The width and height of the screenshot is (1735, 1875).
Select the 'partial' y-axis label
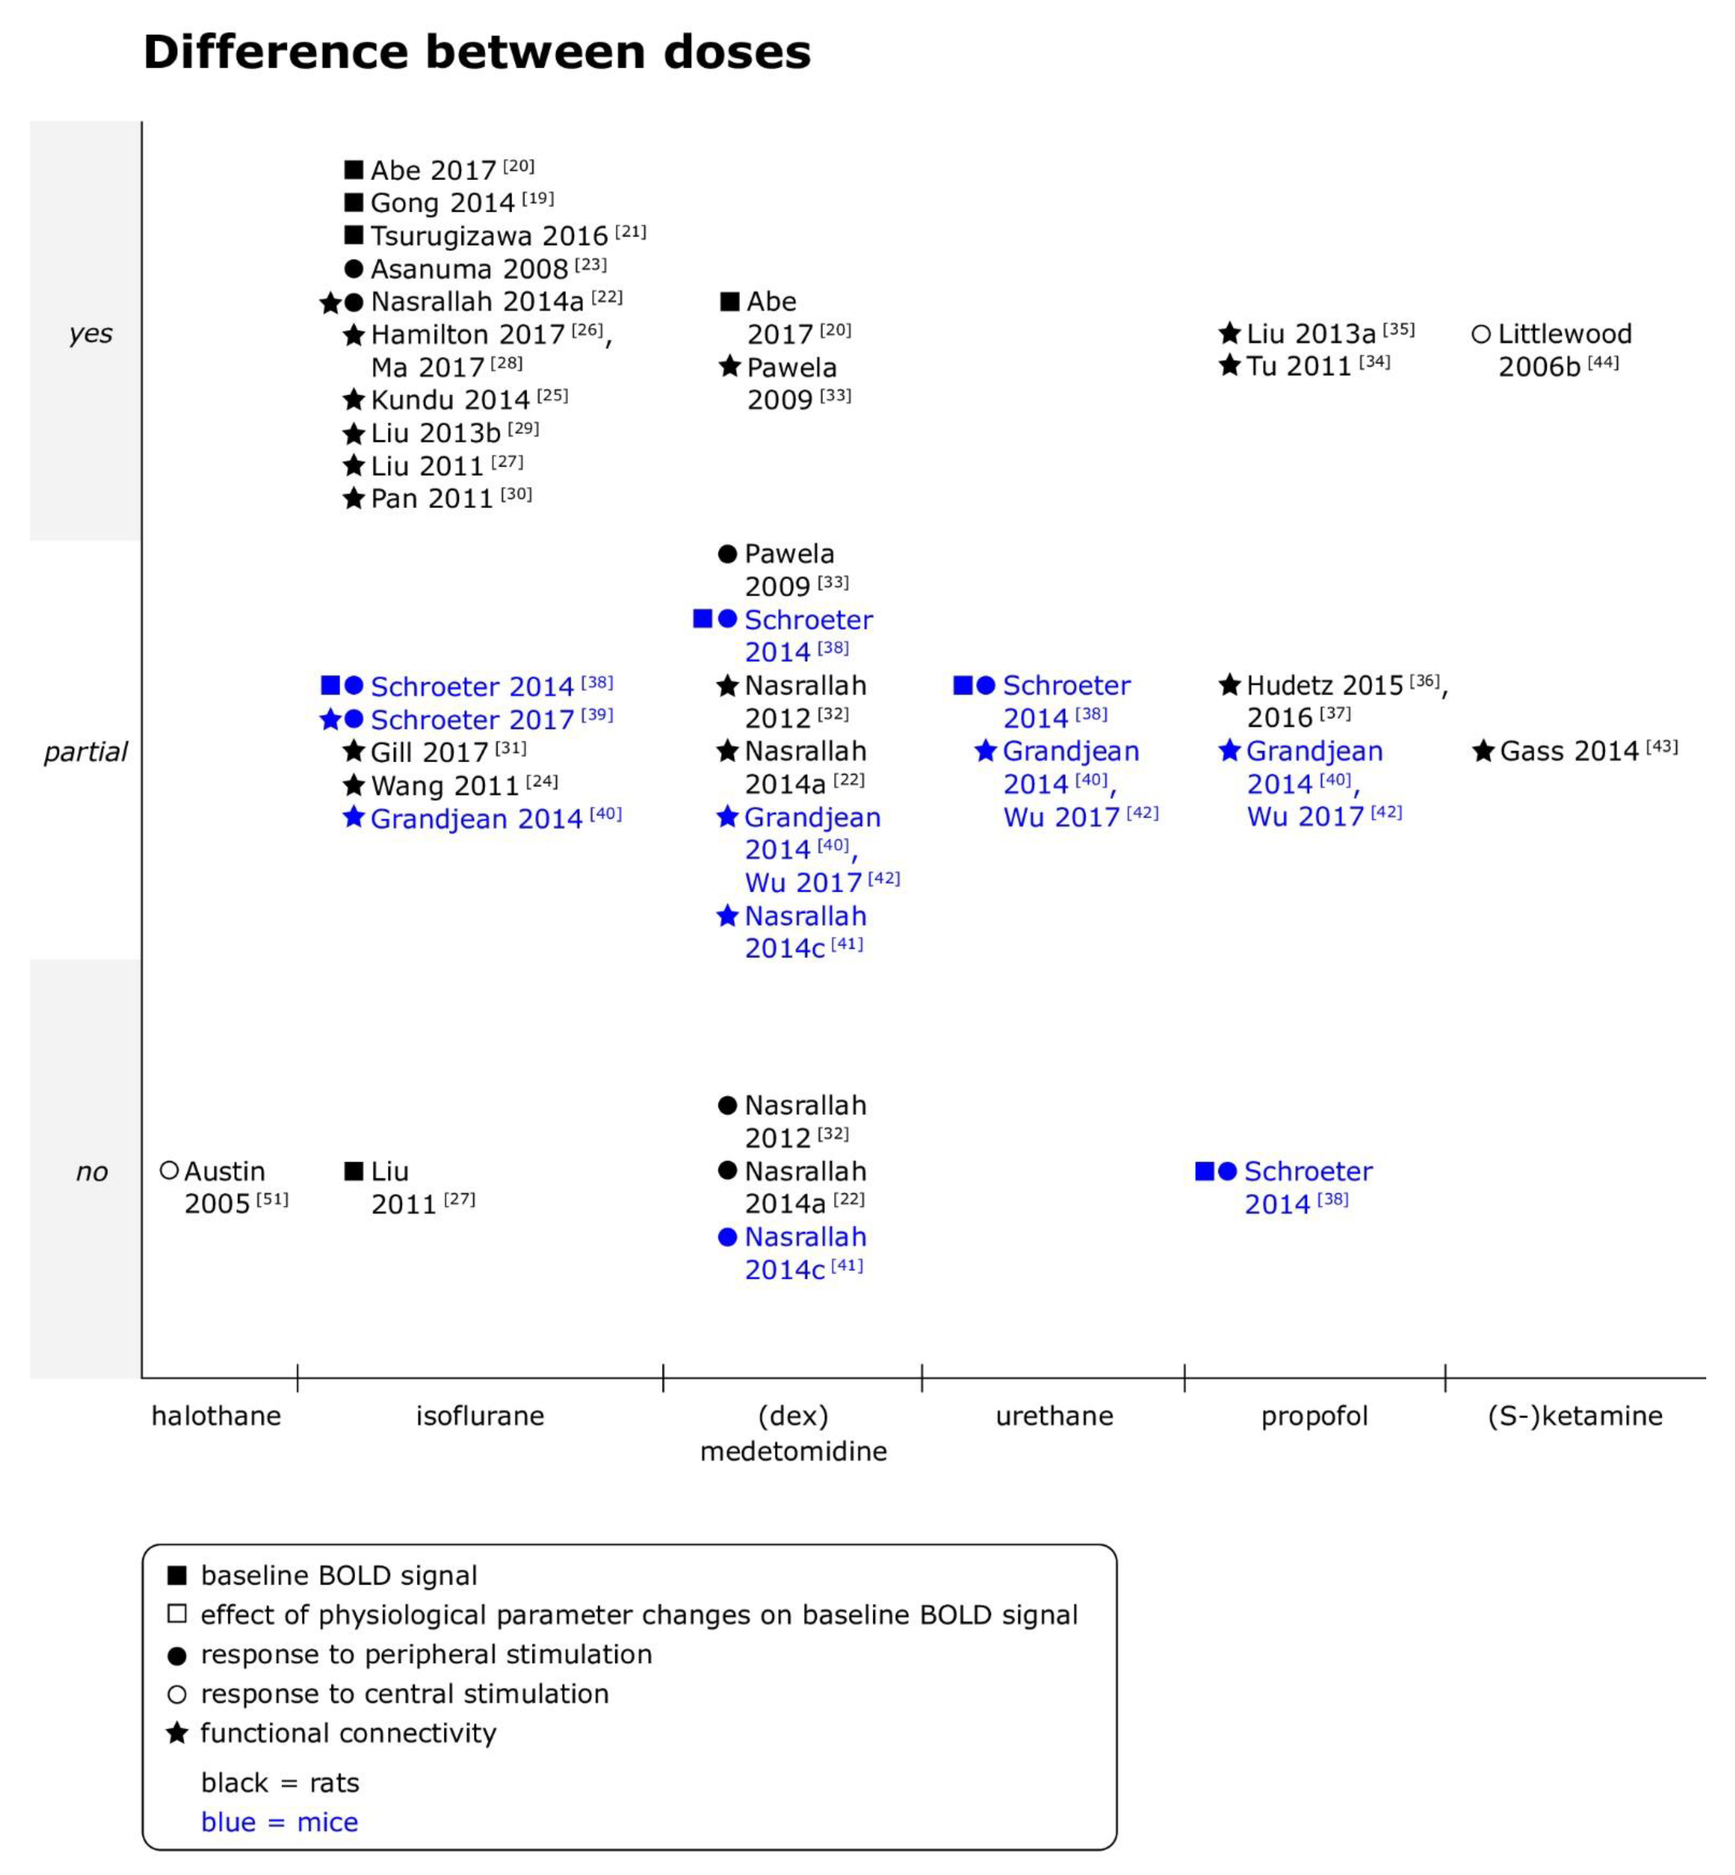tap(86, 752)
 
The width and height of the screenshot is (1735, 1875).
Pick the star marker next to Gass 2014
tap(1482, 751)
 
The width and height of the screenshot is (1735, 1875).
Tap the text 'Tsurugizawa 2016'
tap(488, 236)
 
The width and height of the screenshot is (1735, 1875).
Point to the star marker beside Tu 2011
tap(1229, 365)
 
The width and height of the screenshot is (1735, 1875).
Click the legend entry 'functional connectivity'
tap(347, 1732)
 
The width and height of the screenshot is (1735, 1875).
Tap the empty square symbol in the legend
tap(177, 1614)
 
